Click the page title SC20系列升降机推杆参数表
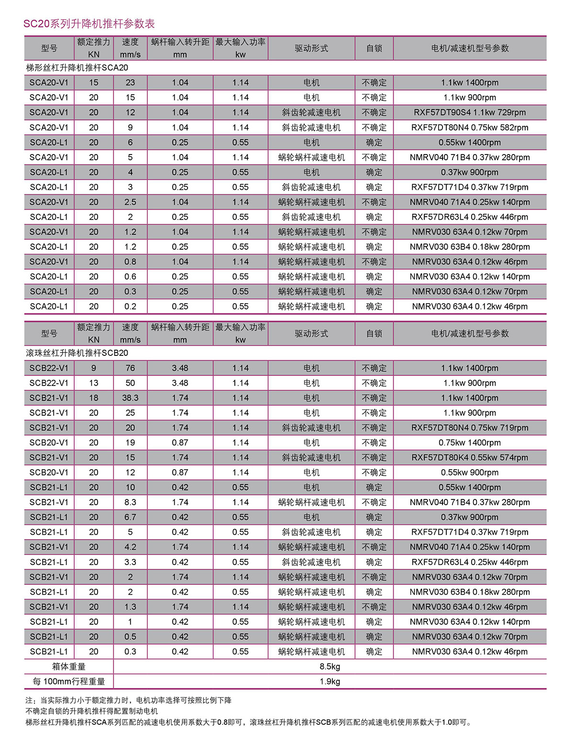click(89, 24)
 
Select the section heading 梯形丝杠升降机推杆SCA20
click(77, 68)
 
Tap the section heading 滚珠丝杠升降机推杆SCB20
click(77, 353)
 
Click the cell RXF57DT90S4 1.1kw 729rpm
click(469, 112)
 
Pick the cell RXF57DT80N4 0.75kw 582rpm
click(469, 128)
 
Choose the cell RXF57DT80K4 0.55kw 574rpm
click(469, 458)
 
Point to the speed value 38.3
click(130, 398)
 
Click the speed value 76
click(130, 368)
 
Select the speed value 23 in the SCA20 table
click(130, 83)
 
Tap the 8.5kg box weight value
click(330, 667)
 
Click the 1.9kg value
click(330, 682)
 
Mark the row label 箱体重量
click(69, 667)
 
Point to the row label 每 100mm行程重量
click(69, 682)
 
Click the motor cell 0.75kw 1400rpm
click(469, 443)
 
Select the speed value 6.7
click(130, 518)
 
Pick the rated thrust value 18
click(94, 398)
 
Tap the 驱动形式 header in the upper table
click(311, 48)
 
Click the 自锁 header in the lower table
click(374, 334)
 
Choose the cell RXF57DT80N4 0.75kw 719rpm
click(469, 428)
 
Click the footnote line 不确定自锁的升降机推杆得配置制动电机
click(92, 711)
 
